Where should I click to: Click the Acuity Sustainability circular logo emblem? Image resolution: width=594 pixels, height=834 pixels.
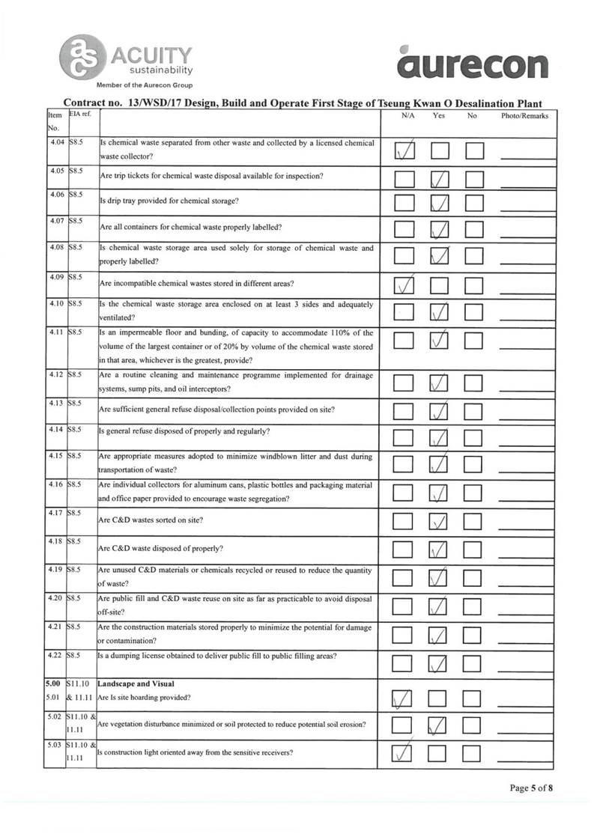coord(83,57)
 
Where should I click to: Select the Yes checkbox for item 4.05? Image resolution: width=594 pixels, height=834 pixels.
coord(440,178)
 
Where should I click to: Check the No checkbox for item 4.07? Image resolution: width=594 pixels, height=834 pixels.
coord(476,229)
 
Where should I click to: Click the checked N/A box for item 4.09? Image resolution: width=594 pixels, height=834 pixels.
coord(405,285)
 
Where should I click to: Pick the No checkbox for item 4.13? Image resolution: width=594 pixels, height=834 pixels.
coord(476,411)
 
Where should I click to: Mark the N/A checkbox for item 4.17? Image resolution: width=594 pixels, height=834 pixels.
coord(405,521)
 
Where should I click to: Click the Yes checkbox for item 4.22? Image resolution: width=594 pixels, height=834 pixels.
coord(440,663)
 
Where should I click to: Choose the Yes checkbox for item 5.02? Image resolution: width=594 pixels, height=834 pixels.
coord(440,725)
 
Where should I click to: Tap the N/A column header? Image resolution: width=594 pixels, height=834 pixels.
coord(408,116)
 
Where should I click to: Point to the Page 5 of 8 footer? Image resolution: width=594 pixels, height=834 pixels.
coord(531,788)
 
